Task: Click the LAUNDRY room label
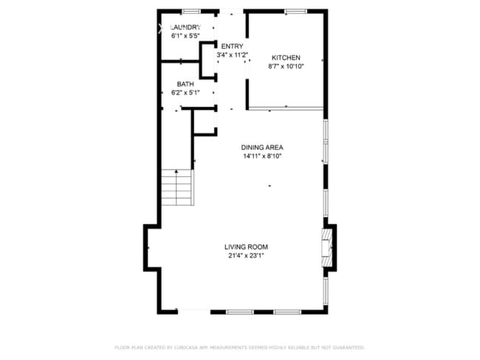186,27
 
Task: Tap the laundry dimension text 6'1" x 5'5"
186,35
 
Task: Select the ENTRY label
231,46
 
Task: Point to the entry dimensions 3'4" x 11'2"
231,55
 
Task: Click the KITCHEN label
286,58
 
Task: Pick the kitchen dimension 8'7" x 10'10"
286,66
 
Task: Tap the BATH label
185,84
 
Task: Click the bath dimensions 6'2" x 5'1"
185,93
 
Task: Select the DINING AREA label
262,147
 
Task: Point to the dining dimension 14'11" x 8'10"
262,156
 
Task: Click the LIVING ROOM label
246,247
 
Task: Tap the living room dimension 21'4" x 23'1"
246,256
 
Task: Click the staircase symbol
176,189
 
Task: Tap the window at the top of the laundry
192,10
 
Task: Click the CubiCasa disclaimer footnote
239,347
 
